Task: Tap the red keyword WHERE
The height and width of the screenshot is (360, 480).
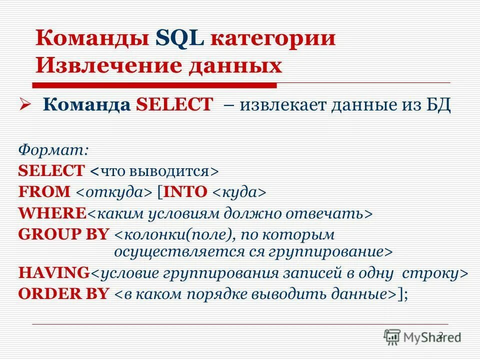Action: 52,213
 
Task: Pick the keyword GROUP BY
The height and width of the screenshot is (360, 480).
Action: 63,234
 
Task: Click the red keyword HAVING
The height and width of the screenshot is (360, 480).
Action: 54,273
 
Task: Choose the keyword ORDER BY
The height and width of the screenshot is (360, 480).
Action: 63,293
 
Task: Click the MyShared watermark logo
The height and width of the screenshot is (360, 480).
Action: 422,336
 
